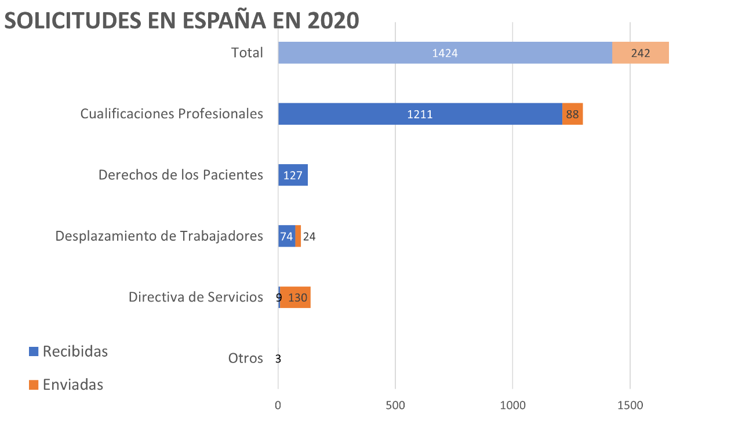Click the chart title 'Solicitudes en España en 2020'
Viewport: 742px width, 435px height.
pos(181,21)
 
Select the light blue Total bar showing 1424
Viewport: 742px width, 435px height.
pos(445,53)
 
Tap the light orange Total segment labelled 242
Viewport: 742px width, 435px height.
pos(641,53)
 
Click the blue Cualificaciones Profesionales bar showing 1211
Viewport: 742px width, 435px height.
pos(420,114)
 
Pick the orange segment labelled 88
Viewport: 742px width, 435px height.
pos(572,114)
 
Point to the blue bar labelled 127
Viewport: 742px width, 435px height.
pos(293,175)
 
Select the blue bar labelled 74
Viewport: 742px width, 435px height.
pos(286,236)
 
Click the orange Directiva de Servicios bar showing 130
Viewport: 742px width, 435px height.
pos(296,298)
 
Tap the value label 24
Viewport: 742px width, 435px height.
pos(309,237)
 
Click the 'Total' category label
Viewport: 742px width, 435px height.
pos(247,53)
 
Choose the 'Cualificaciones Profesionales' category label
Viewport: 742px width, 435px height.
pos(172,114)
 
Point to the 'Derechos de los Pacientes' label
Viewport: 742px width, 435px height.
pos(181,175)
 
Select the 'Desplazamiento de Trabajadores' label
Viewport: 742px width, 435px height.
pos(159,236)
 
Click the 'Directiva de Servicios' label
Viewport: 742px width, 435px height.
pos(196,297)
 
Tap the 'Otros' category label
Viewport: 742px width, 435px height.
pos(246,358)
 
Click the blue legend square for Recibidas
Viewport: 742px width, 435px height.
pos(34,351)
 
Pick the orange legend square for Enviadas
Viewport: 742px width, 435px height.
pos(34,385)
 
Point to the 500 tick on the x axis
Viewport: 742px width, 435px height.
pos(395,405)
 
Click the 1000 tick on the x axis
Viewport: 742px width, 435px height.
pos(513,405)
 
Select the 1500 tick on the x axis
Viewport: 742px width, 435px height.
pos(630,405)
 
